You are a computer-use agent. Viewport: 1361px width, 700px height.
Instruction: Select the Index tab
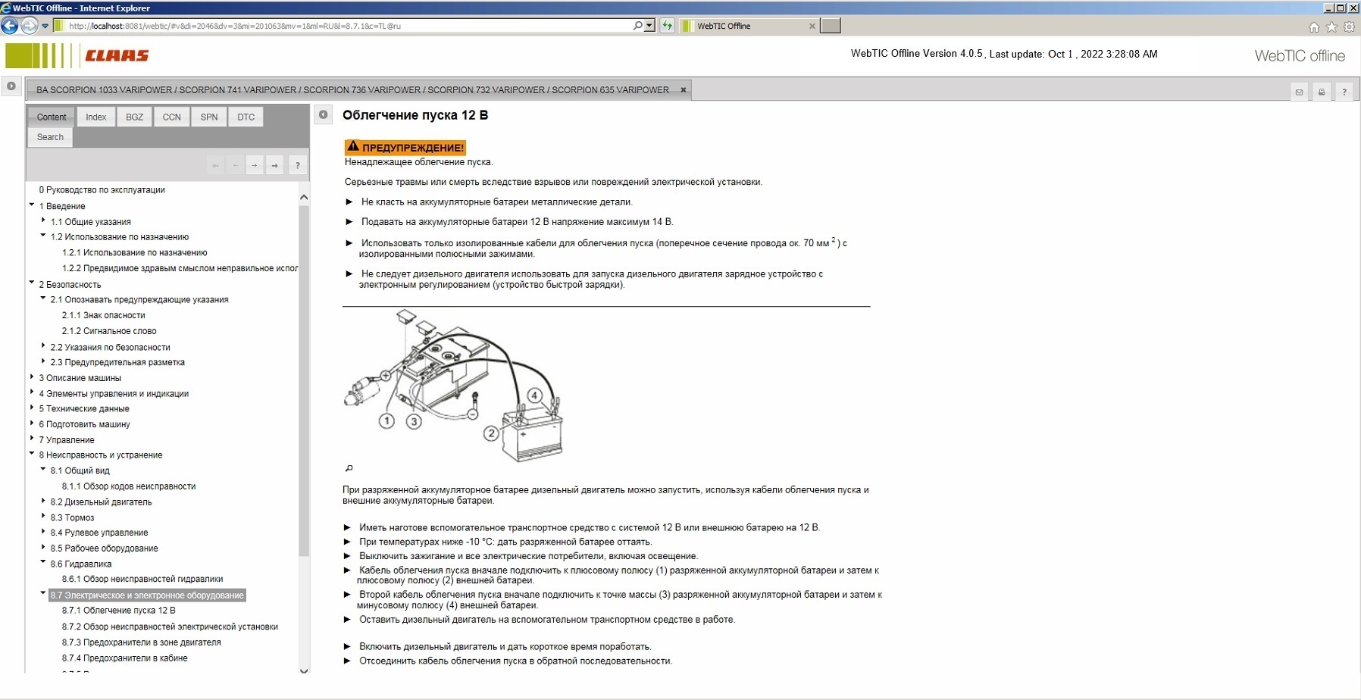click(x=95, y=117)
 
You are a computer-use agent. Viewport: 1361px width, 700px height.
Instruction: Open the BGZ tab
click(x=134, y=117)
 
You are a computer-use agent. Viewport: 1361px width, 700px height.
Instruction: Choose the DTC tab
click(x=246, y=117)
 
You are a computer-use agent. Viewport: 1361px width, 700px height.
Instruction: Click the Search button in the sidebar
click(x=50, y=137)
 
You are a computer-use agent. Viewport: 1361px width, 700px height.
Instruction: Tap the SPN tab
click(x=209, y=117)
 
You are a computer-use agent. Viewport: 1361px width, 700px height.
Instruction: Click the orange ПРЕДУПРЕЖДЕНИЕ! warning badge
click(x=405, y=148)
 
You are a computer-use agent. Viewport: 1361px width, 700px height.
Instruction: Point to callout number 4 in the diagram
click(x=535, y=395)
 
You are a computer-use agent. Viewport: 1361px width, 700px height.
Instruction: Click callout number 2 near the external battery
click(x=492, y=433)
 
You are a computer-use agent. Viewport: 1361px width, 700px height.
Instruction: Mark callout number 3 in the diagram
click(x=414, y=421)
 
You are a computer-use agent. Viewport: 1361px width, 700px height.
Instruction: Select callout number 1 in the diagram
click(x=387, y=421)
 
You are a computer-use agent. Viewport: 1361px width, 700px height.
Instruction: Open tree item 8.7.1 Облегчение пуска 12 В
click(x=118, y=611)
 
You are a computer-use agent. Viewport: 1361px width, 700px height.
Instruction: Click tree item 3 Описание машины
click(x=80, y=378)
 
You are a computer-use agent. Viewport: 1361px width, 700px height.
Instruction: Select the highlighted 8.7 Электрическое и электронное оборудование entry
click(x=147, y=595)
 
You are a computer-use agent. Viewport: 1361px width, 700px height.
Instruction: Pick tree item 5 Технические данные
click(x=84, y=409)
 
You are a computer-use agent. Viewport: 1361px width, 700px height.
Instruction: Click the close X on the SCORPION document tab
click(x=683, y=90)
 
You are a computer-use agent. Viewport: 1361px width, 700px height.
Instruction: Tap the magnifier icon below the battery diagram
click(x=349, y=468)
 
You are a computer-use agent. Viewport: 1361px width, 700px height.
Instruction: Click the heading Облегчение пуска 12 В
click(x=415, y=115)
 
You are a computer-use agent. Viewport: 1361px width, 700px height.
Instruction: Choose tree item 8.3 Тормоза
click(x=72, y=518)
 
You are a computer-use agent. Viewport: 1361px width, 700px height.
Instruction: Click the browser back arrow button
click(x=10, y=26)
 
